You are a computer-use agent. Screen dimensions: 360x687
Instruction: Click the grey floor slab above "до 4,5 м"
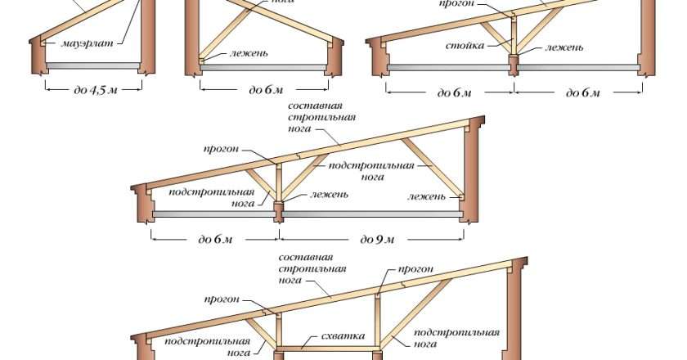(x=94, y=65)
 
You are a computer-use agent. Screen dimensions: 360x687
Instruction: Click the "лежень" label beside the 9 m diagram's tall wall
(x=428, y=196)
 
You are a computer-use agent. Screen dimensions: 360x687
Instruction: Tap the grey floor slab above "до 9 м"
(x=372, y=213)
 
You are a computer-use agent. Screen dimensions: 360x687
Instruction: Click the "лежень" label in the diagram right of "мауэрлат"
(x=237, y=54)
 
